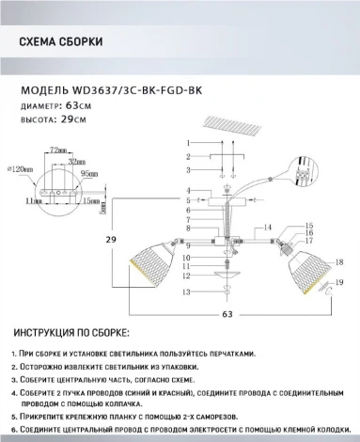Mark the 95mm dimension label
91,174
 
